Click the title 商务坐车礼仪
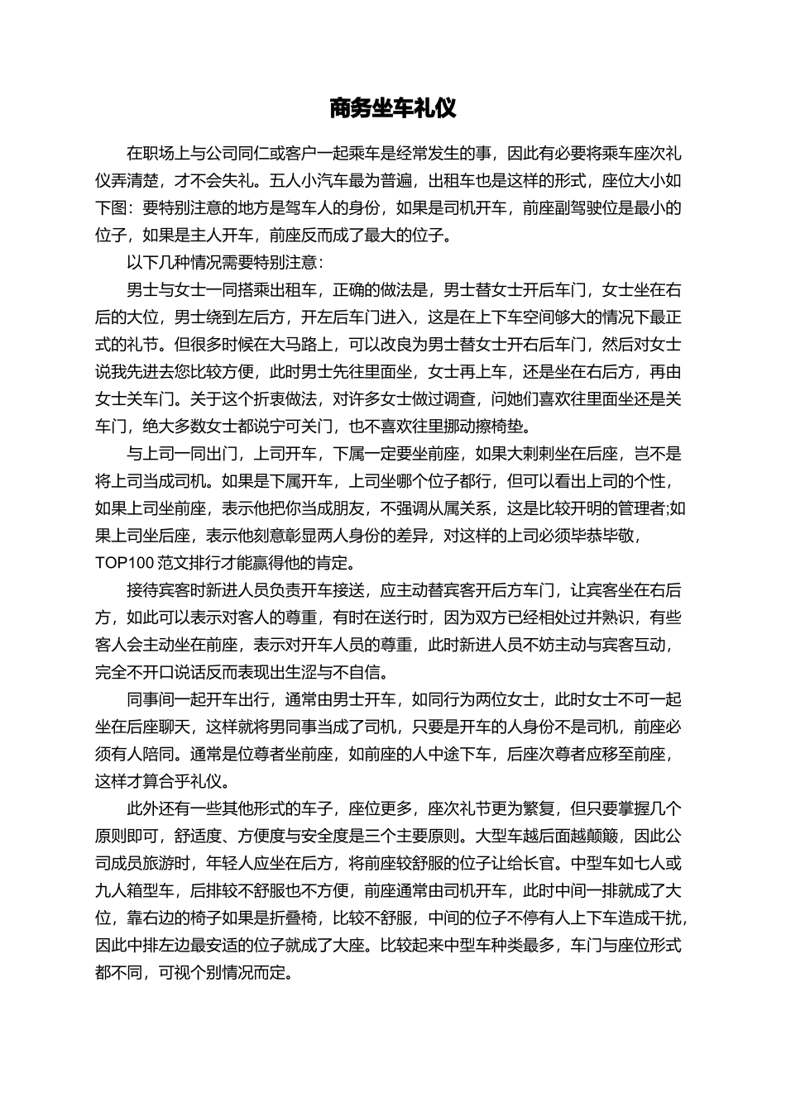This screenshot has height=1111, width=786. coord(392,108)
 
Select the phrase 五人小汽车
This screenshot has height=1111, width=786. coord(308,180)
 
